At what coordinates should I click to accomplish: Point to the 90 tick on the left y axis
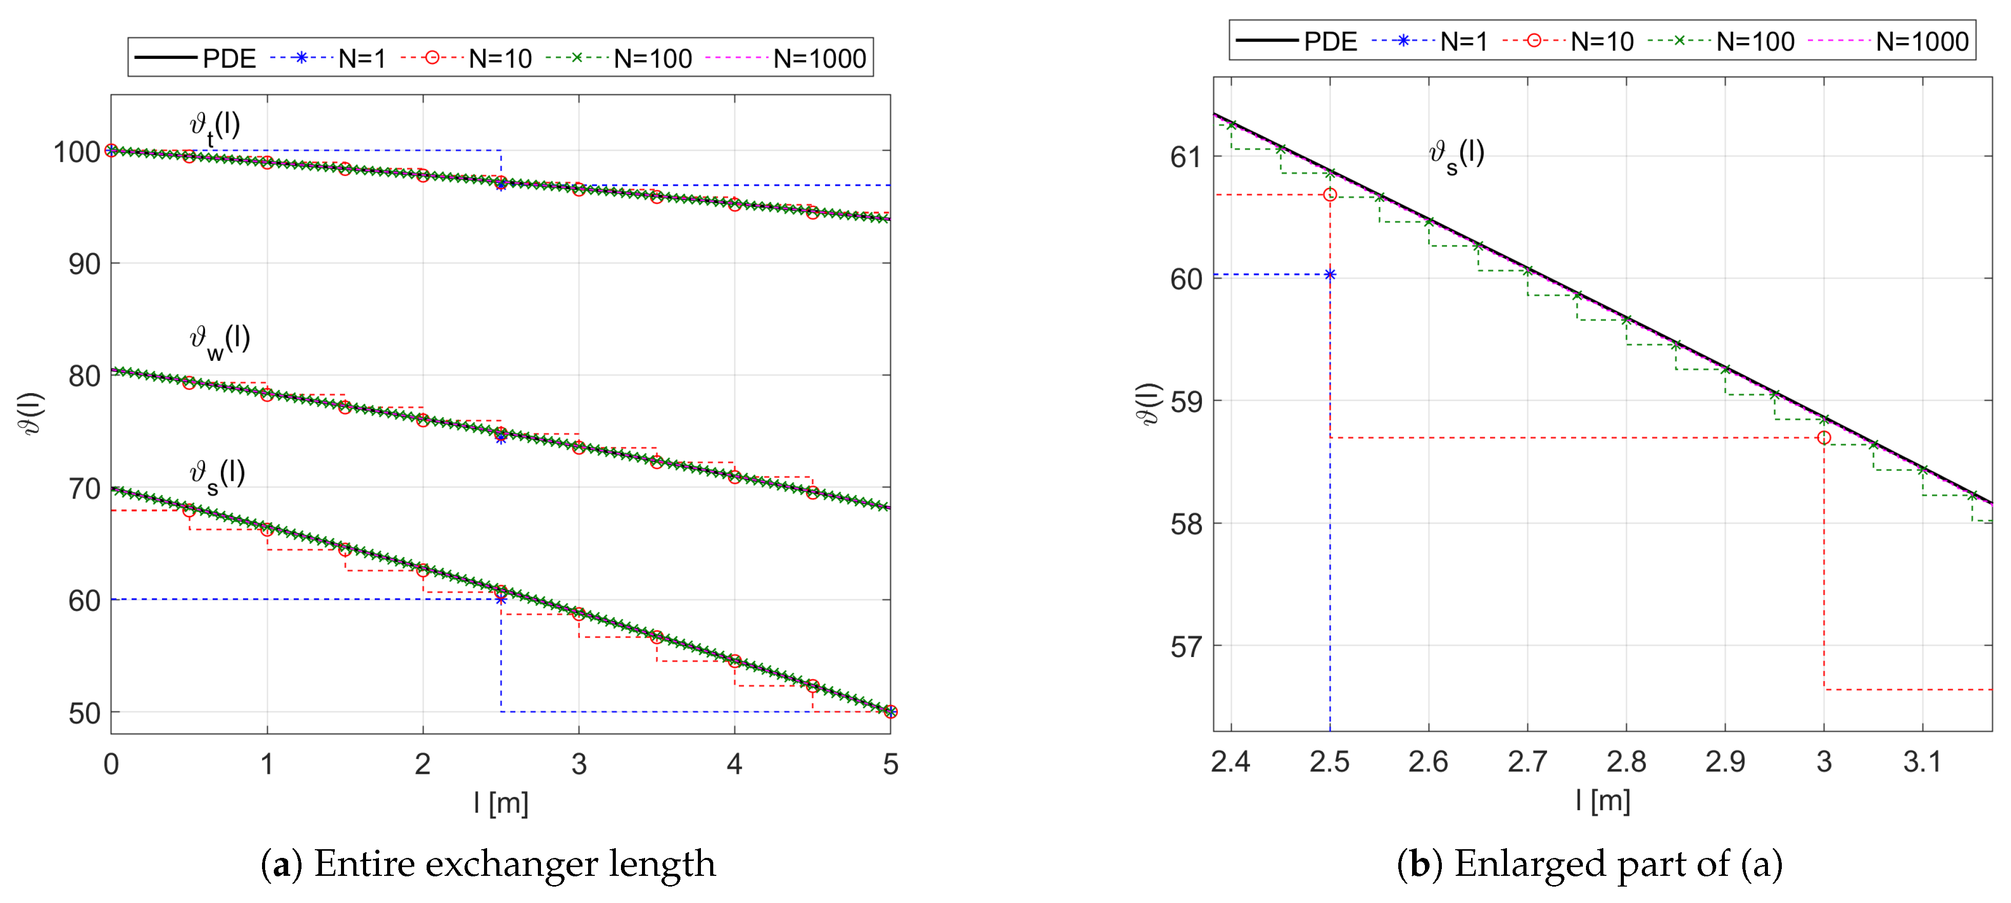pos(84,264)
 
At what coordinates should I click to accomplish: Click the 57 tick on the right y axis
pos(1186,647)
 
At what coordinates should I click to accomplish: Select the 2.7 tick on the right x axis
pos(1527,762)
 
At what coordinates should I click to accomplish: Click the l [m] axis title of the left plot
pos(500,803)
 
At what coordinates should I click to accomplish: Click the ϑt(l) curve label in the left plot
pos(215,127)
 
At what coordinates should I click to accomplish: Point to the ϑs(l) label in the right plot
pos(1456,155)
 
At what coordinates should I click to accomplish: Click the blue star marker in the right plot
pos(1330,275)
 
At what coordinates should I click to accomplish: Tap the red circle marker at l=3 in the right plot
pos(1824,438)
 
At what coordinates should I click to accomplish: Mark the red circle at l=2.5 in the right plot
pos(1330,194)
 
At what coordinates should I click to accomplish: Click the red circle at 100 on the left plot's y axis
pos(112,151)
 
